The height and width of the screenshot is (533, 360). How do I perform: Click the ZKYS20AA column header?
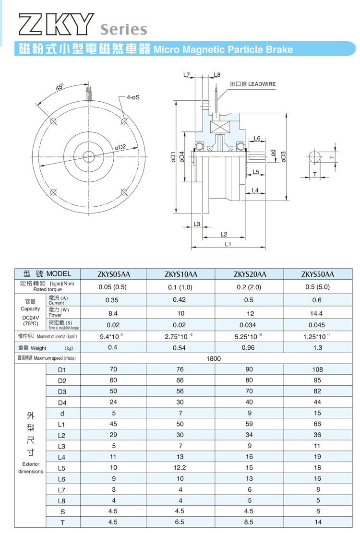point(250,274)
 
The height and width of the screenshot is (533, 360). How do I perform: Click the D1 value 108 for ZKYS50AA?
point(317,369)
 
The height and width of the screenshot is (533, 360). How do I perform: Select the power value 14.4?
point(317,313)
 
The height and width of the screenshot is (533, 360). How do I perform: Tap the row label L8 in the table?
point(61,501)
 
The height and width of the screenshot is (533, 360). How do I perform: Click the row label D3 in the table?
point(61,391)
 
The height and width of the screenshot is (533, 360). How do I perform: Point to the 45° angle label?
point(60,87)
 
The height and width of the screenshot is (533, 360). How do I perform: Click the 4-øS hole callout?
point(133,97)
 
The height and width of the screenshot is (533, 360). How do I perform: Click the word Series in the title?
point(124,29)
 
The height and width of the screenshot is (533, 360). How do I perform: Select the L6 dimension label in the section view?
point(257,139)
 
